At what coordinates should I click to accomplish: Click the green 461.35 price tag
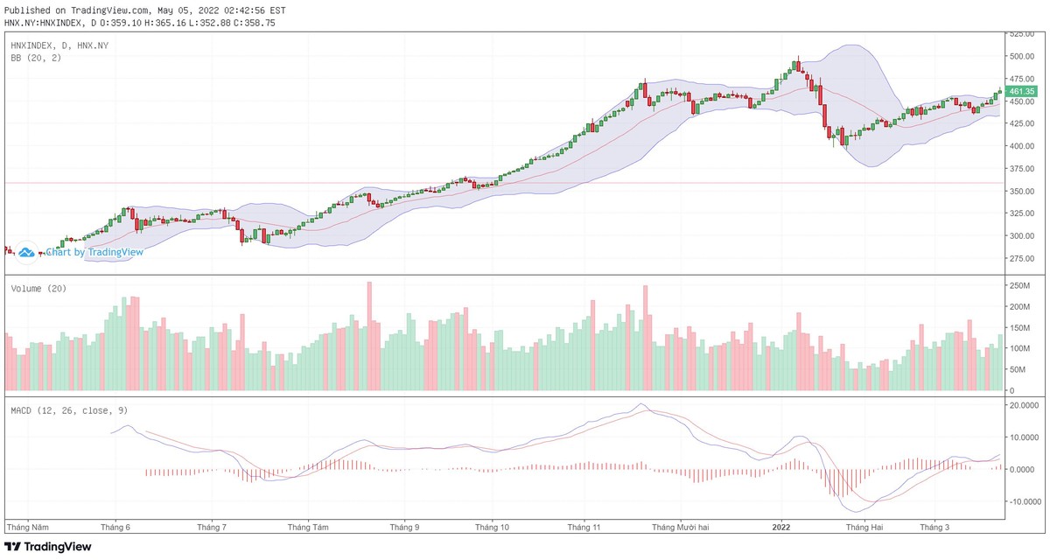tap(1021, 91)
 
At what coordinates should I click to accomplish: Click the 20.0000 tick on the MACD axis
tap(1024, 405)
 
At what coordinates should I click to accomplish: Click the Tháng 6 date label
tap(115, 528)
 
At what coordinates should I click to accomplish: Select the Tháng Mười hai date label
tap(680, 528)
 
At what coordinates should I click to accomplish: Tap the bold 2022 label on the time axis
tap(780, 528)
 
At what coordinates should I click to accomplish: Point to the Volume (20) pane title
tap(39, 288)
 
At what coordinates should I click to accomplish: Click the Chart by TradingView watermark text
tap(94, 252)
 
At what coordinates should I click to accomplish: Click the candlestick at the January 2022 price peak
tap(796, 65)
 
